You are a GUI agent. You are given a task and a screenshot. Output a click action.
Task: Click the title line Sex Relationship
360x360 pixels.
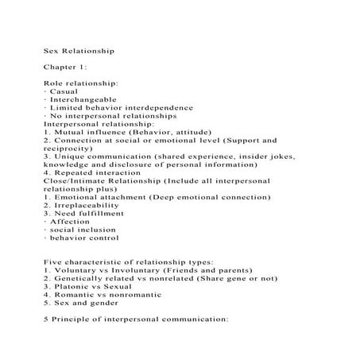[79, 50]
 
